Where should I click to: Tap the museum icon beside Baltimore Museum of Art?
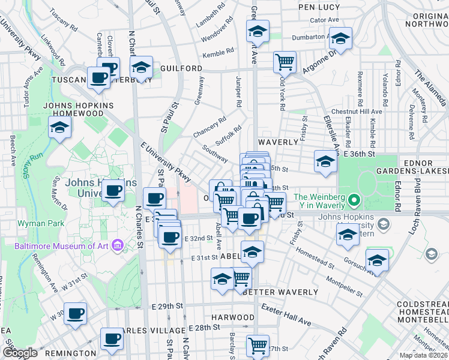(118, 245)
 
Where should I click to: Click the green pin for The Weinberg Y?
(354, 200)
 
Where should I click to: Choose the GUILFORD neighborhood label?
(181, 69)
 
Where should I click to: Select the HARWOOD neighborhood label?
(233, 317)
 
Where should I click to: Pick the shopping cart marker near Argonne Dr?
(285, 61)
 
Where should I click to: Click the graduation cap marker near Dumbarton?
(341, 39)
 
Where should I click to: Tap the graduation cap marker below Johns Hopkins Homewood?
(59, 127)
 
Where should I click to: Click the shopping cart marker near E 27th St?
(258, 345)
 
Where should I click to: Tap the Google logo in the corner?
(20, 353)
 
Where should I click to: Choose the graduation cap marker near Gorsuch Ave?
(377, 260)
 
